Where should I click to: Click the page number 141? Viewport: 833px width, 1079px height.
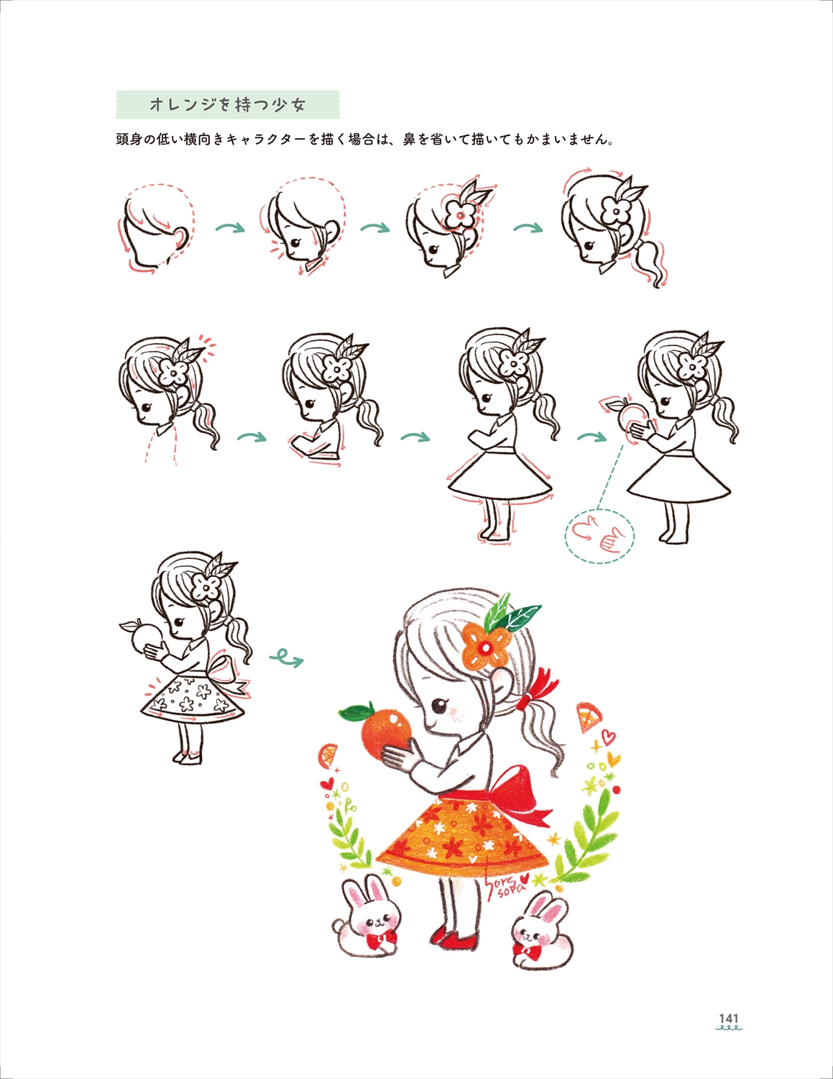click(729, 1019)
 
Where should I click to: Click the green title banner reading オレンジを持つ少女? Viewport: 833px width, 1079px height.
click(228, 105)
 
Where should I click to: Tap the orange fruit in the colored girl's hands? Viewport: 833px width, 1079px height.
click(387, 732)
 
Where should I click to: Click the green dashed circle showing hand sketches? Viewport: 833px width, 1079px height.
click(600, 535)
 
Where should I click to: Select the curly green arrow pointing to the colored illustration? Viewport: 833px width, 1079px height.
click(286, 657)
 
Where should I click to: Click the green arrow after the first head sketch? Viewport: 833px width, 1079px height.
click(231, 229)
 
